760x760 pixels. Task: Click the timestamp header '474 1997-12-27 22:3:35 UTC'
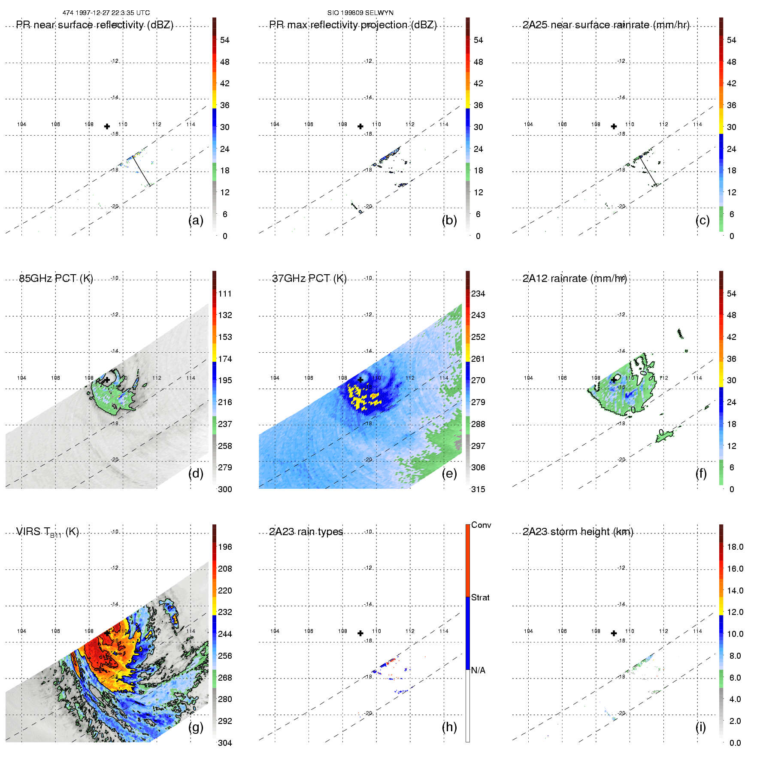(x=106, y=13)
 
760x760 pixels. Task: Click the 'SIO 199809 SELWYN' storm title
(x=360, y=13)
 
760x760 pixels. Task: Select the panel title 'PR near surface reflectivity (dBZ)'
(x=94, y=25)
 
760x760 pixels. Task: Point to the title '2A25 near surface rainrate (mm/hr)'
(x=606, y=25)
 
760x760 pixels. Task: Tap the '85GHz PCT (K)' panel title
(x=56, y=279)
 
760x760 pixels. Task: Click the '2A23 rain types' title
(x=306, y=532)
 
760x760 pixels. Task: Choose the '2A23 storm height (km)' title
(x=578, y=532)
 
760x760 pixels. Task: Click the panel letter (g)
(x=196, y=727)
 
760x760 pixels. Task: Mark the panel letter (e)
(x=449, y=473)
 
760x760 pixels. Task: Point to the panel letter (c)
(x=702, y=220)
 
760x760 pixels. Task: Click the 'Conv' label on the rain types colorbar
(x=481, y=525)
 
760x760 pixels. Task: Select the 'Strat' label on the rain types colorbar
(x=480, y=597)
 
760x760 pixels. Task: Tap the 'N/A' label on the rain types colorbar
(x=478, y=670)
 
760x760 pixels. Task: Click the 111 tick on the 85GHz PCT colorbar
(x=225, y=294)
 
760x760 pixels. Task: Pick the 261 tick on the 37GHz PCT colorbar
(x=478, y=359)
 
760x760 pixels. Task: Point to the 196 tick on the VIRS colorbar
(x=225, y=547)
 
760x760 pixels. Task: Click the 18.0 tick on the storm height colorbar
(x=735, y=547)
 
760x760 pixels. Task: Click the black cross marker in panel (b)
(x=360, y=126)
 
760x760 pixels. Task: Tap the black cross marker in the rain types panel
(x=360, y=633)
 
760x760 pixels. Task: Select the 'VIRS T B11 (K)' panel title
(x=47, y=532)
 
